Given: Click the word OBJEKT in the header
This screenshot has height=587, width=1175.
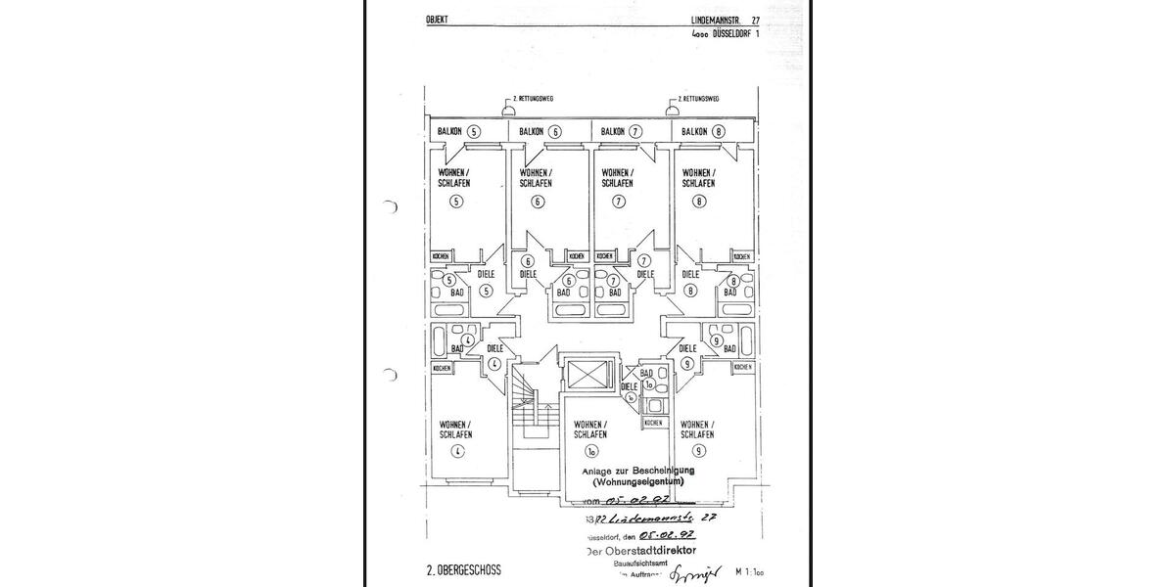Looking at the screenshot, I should pyautogui.click(x=437, y=20).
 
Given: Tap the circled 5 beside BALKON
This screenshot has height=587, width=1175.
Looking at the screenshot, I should pyautogui.click(x=474, y=131).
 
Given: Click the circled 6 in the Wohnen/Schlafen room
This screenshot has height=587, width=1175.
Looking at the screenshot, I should pyautogui.click(x=537, y=203).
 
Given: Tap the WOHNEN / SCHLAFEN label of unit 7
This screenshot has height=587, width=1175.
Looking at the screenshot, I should pyautogui.click(x=617, y=178).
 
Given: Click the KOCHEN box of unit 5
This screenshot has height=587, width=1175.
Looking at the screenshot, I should pyautogui.click(x=441, y=256).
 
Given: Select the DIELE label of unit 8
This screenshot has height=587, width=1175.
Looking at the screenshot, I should pyautogui.click(x=690, y=275).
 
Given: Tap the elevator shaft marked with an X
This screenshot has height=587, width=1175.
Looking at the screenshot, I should pyautogui.click(x=588, y=376).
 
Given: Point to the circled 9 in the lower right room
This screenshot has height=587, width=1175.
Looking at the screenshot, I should pyautogui.click(x=698, y=451).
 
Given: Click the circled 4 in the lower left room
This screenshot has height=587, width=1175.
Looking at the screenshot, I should pyautogui.click(x=456, y=451).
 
